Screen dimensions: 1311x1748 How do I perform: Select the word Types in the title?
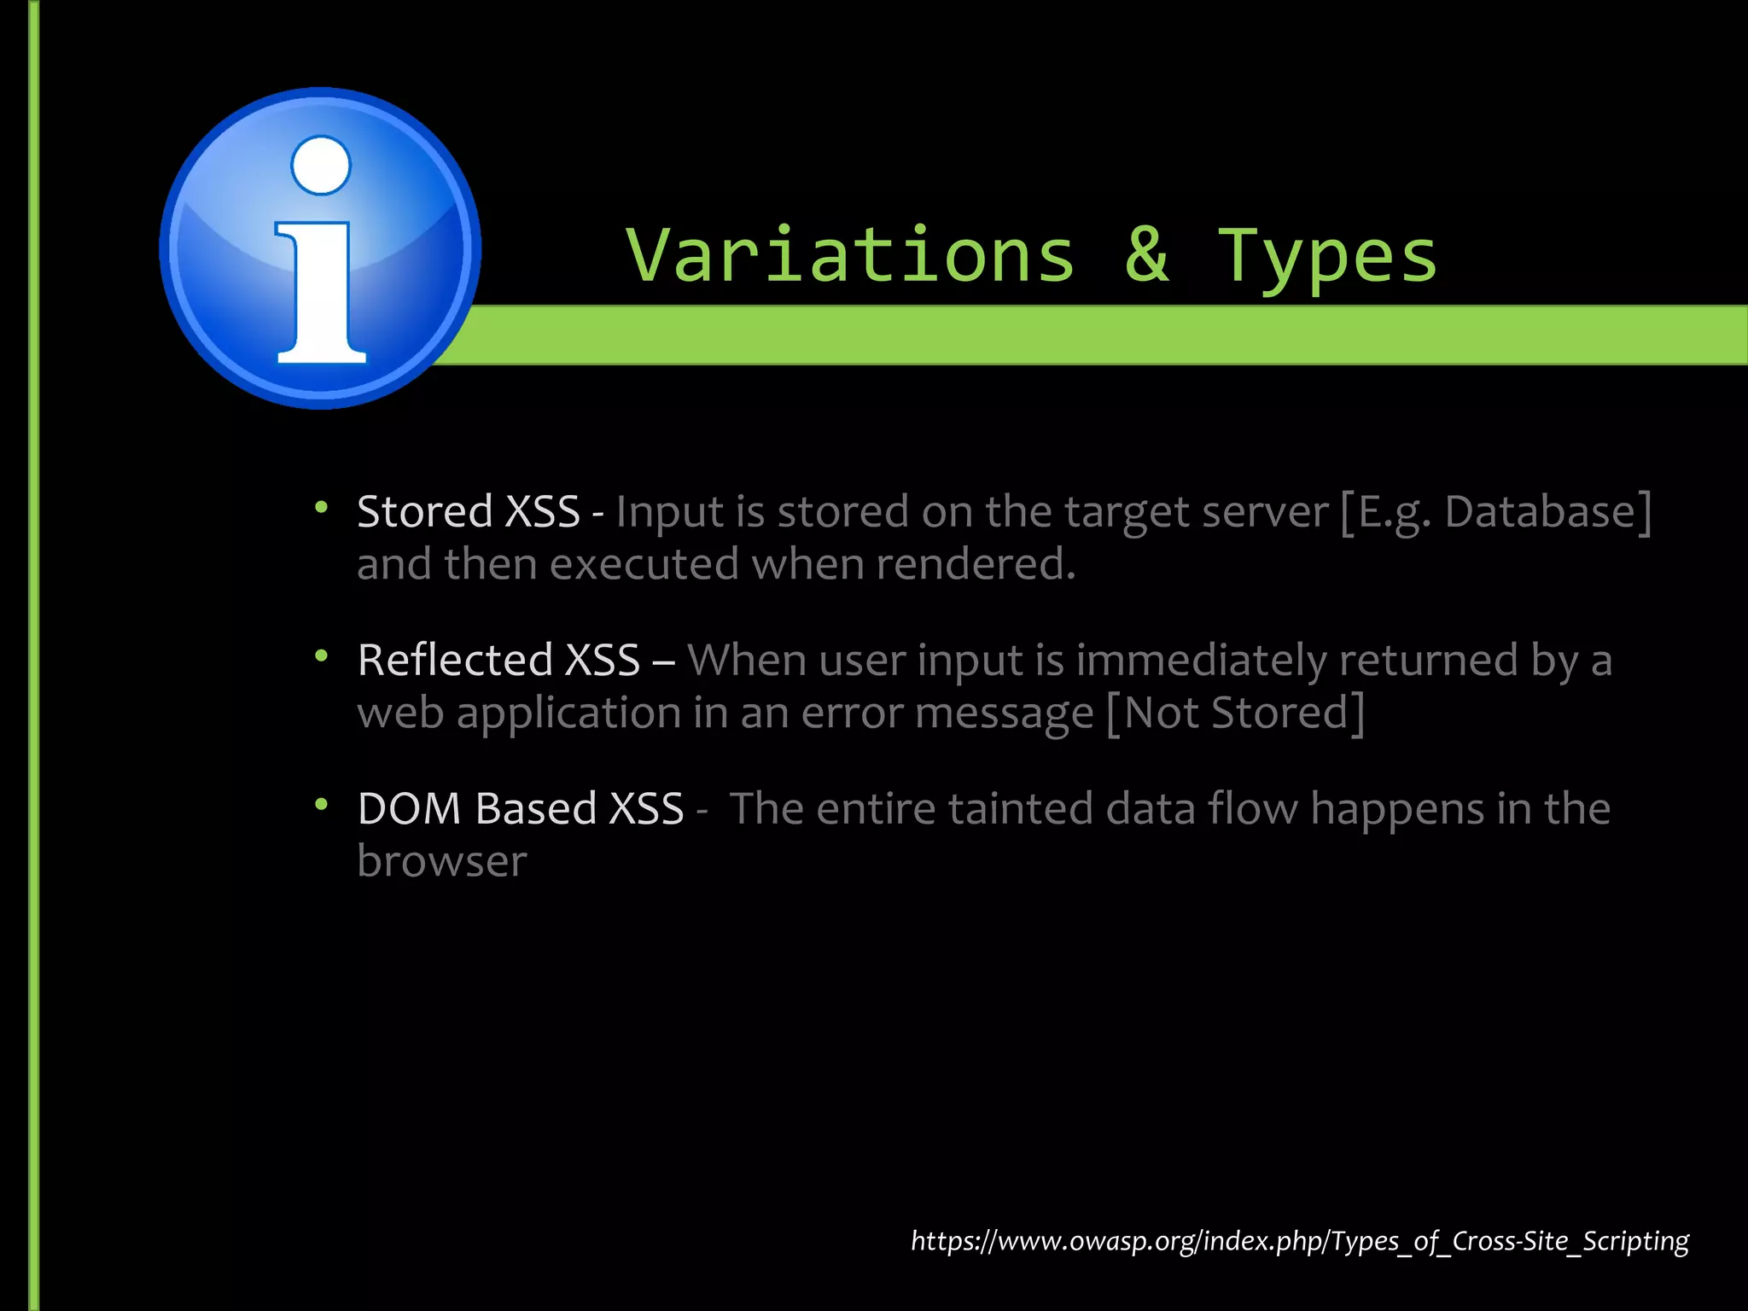(1327, 256)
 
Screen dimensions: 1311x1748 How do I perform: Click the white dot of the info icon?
(321, 165)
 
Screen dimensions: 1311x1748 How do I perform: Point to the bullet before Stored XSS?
(321, 509)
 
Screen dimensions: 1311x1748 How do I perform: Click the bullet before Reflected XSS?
(321, 656)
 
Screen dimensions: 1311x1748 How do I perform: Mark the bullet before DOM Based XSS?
(321, 805)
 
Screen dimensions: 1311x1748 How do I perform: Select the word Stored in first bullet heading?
(424, 512)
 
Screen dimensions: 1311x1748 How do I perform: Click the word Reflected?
(455, 661)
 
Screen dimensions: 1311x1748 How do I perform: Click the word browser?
(441, 861)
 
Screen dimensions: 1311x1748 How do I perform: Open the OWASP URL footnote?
(1299, 1240)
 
